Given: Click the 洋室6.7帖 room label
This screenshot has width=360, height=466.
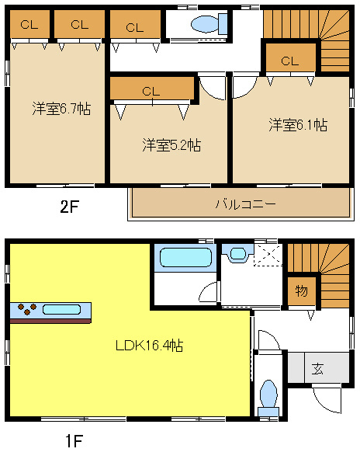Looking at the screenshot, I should tap(61, 109).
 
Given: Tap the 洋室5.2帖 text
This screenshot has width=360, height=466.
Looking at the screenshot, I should tap(171, 144).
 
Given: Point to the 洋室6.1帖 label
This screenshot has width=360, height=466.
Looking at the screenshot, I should tap(298, 124).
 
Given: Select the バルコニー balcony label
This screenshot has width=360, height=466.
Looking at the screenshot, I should tap(245, 204).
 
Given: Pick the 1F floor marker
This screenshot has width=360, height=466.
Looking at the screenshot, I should tap(74, 442).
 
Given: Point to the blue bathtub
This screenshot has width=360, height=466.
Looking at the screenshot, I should tap(185, 258).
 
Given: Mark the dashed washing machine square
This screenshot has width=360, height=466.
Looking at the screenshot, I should tap(268, 254).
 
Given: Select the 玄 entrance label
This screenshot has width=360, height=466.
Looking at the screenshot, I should tap(317, 368).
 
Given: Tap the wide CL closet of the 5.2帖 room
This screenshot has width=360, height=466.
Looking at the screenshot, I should tap(151, 90).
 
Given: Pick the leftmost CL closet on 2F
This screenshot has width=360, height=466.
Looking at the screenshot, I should tap(29, 24).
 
